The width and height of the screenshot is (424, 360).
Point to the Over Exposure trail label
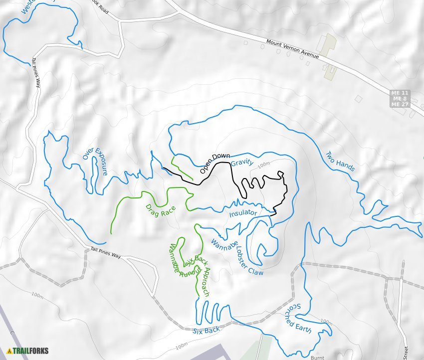click(x=95, y=163)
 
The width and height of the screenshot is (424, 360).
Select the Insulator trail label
click(x=243, y=213)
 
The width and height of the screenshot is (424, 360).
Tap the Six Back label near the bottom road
click(x=206, y=331)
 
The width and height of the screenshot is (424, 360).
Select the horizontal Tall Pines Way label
click(x=106, y=252)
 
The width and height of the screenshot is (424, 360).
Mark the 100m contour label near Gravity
click(x=264, y=164)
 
